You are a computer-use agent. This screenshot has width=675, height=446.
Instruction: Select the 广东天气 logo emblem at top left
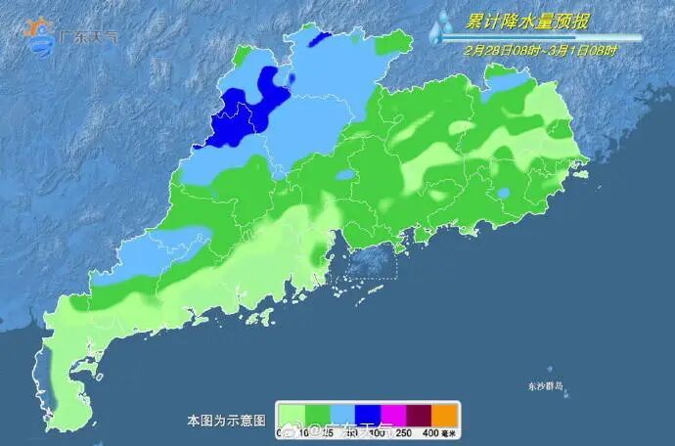40,34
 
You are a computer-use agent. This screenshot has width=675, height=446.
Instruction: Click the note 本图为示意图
226,420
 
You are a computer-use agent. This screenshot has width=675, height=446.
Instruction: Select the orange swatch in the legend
445,414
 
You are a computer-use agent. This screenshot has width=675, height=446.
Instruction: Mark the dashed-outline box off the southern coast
362,263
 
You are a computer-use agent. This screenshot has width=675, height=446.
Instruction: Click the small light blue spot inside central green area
345,177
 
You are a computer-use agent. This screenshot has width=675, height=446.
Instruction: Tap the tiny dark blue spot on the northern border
320,38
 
